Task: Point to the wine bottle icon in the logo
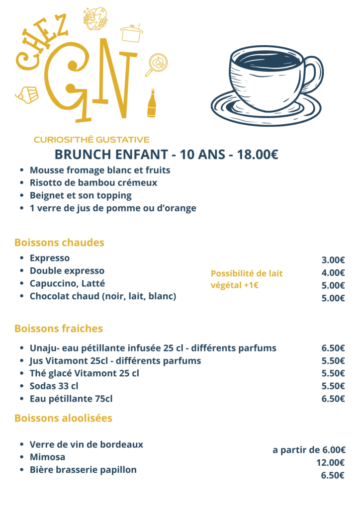point(152,104)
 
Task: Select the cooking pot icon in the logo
point(131,33)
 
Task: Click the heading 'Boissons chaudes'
point(59,243)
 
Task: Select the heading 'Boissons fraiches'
point(58,329)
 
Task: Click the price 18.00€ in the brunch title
point(258,155)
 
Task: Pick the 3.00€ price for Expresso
point(333,260)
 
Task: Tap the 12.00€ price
point(330,463)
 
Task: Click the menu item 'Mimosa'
point(47,457)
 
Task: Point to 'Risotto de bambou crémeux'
point(93,182)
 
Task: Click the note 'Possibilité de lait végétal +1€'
point(247,279)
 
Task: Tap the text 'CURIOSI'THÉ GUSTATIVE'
point(91,140)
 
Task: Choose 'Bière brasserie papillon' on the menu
point(83,470)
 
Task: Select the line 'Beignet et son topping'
point(81,195)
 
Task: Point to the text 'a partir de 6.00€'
point(309,450)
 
